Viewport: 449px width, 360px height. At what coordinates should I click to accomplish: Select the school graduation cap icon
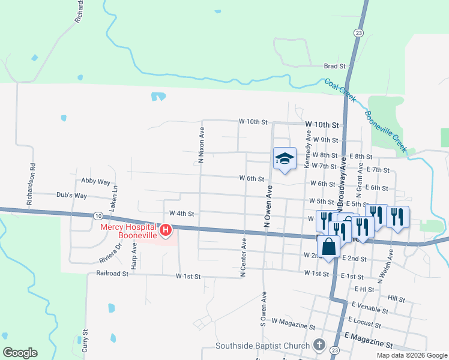pyautogui.click(x=285, y=158)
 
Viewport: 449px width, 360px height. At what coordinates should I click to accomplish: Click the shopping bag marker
pyautogui.click(x=328, y=246)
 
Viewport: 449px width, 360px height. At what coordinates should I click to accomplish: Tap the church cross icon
pyautogui.click(x=319, y=345)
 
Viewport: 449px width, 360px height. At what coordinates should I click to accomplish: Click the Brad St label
pyautogui.click(x=334, y=66)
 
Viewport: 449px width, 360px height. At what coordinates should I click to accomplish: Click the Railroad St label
pyautogui.click(x=112, y=273)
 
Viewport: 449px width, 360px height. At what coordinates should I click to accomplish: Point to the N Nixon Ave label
pyautogui.click(x=202, y=145)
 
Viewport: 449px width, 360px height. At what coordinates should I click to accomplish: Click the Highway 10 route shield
pyautogui.click(x=98, y=215)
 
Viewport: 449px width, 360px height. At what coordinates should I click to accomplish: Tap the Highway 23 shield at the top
pyautogui.click(x=358, y=32)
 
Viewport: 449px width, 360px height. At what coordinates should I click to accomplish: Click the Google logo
pyautogui.click(x=20, y=353)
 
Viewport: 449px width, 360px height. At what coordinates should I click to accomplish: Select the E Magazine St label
pyautogui.click(x=368, y=346)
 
